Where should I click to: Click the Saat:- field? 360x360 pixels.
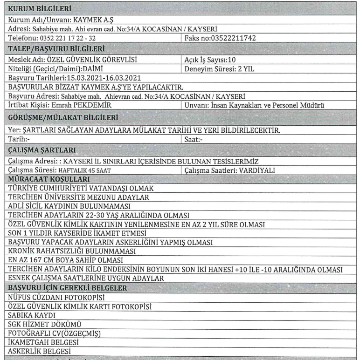coord(192,139)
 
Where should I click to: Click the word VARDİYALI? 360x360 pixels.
coord(256,170)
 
